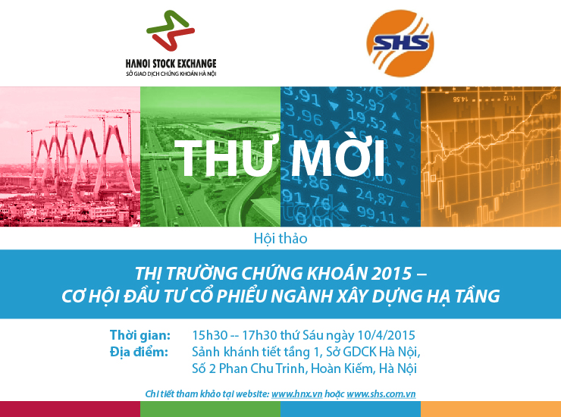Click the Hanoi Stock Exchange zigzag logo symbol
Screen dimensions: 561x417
[171, 30]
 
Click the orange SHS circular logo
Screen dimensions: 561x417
[400, 43]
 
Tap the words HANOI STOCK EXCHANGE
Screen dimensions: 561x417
[171, 64]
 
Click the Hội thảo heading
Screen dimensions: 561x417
[280, 238]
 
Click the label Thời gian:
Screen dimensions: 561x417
[140, 335]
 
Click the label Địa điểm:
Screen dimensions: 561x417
[139, 353]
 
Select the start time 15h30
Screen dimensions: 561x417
[210, 335]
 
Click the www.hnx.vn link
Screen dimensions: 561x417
[297, 394]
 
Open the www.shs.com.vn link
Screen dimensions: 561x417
[381, 394]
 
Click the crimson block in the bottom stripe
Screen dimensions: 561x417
[70, 409]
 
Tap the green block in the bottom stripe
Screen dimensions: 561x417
[211, 409]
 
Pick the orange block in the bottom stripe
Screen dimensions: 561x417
[491, 409]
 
